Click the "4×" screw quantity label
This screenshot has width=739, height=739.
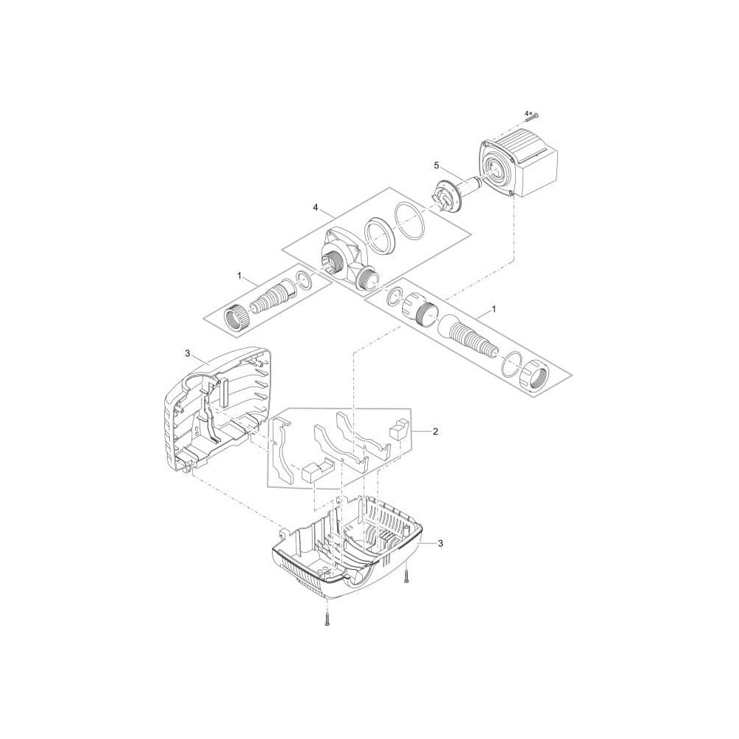[528, 113]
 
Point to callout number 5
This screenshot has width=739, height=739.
[437, 165]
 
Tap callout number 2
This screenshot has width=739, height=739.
[435, 431]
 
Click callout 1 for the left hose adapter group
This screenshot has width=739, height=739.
[239, 276]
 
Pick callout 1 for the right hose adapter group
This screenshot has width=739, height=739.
[494, 309]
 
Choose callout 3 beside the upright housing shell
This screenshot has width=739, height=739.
[188, 353]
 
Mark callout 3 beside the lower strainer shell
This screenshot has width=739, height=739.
[440, 543]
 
